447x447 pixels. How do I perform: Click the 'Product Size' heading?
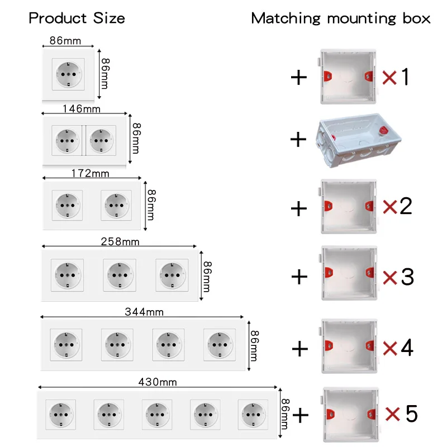coord(77,18)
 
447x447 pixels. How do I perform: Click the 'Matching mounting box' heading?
coord(341,18)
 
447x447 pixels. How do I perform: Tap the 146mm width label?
coord(82,108)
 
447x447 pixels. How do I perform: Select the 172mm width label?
coord(90,173)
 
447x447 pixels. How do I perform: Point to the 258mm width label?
coord(120,241)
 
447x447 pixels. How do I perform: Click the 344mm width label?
coord(144,312)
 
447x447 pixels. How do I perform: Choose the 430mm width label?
coord(158,382)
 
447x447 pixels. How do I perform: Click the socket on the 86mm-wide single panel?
coord(68,74)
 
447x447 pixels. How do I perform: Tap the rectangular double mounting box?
coord(358,140)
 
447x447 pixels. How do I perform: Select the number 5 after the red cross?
coord(411,413)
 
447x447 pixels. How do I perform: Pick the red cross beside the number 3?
coord(390,278)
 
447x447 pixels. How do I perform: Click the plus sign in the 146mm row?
coord(298,139)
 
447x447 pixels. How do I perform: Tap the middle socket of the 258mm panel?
coord(120,275)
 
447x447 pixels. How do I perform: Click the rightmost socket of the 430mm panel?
coord(253,415)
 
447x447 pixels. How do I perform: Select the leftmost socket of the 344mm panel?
coord(66,345)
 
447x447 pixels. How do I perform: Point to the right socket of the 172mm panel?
coord(116,205)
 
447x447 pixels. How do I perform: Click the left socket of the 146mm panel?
coord(67,141)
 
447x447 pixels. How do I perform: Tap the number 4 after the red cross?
coord(407,348)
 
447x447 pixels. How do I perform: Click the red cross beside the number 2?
coord(390,207)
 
